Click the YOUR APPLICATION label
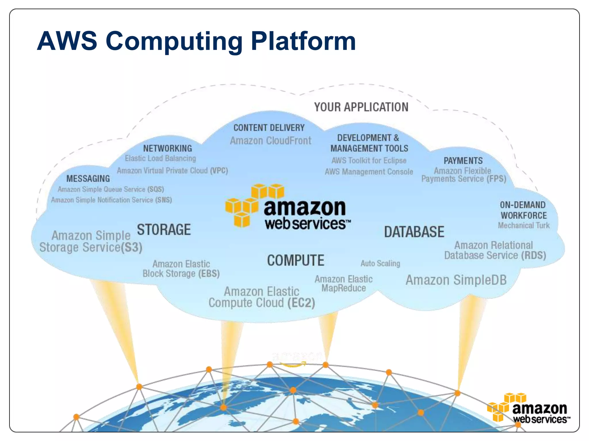pyautogui.click(x=361, y=107)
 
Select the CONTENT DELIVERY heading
pyautogui.click(x=269, y=127)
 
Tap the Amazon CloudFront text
pyautogui.click(x=270, y=141)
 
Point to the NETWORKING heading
pyautogui.click(x=167, y=148)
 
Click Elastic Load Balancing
pyautogui.click(x=160, y=158)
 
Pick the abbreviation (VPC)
pyautogui.click(x=219, y=171)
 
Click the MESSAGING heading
pyautogui.click(x=88, y=179)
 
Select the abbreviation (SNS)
pyautogui.click(x=163, y=200)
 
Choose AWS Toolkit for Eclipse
pyautogui.click(x=369, y=160)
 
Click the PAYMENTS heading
pyautogui.click(x=463, y=160)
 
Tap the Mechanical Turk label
pyautogui.click(x=523, y=225)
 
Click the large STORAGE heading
pyautogui.click(x=164, y=230)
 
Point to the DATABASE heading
pyautogui.click(x=414, y=232)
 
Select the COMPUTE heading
pyautogui.click(x=295, y=260)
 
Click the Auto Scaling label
pyautogui.click(x=380, y=263)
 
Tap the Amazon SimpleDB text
pyautogui.click(x=456, y=280)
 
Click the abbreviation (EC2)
pyautogui.click(x=301, y=303)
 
